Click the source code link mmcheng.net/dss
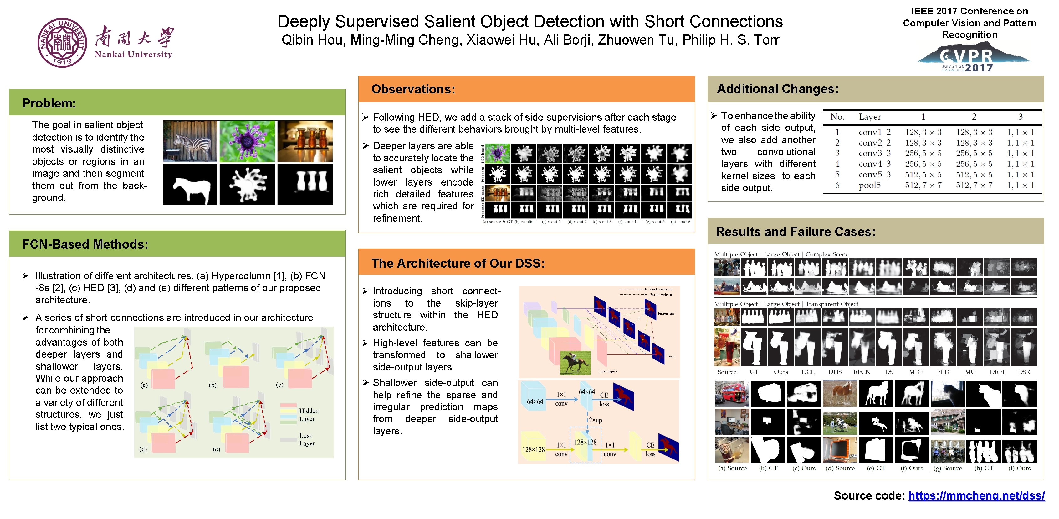pyautogui.click(x=976, y=495)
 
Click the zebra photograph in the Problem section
pyautogui.click(x=190, y=141)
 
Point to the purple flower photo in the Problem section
pyautogui.click(x=247, y=141)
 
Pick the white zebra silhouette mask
pyautogui.click(x=190, y=184)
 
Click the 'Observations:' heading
pyautogui.click(x=413, y=89)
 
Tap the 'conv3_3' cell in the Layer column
pyautogui.click(x=874, y=153)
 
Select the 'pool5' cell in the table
pyautogui.click(x=869, y=185)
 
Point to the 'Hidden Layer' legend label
pyautogui.click(x=308, y=414)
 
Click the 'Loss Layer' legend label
pyautogui.click(x=306, y=439)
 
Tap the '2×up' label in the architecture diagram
pyautogui.click(x=595, y=420)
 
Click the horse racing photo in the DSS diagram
pyautogui.click(x=575, y=363)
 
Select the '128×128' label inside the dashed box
pyautogui.click(x=585, y=442)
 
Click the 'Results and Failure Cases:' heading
pyautogui.click(x=796, y=232)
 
